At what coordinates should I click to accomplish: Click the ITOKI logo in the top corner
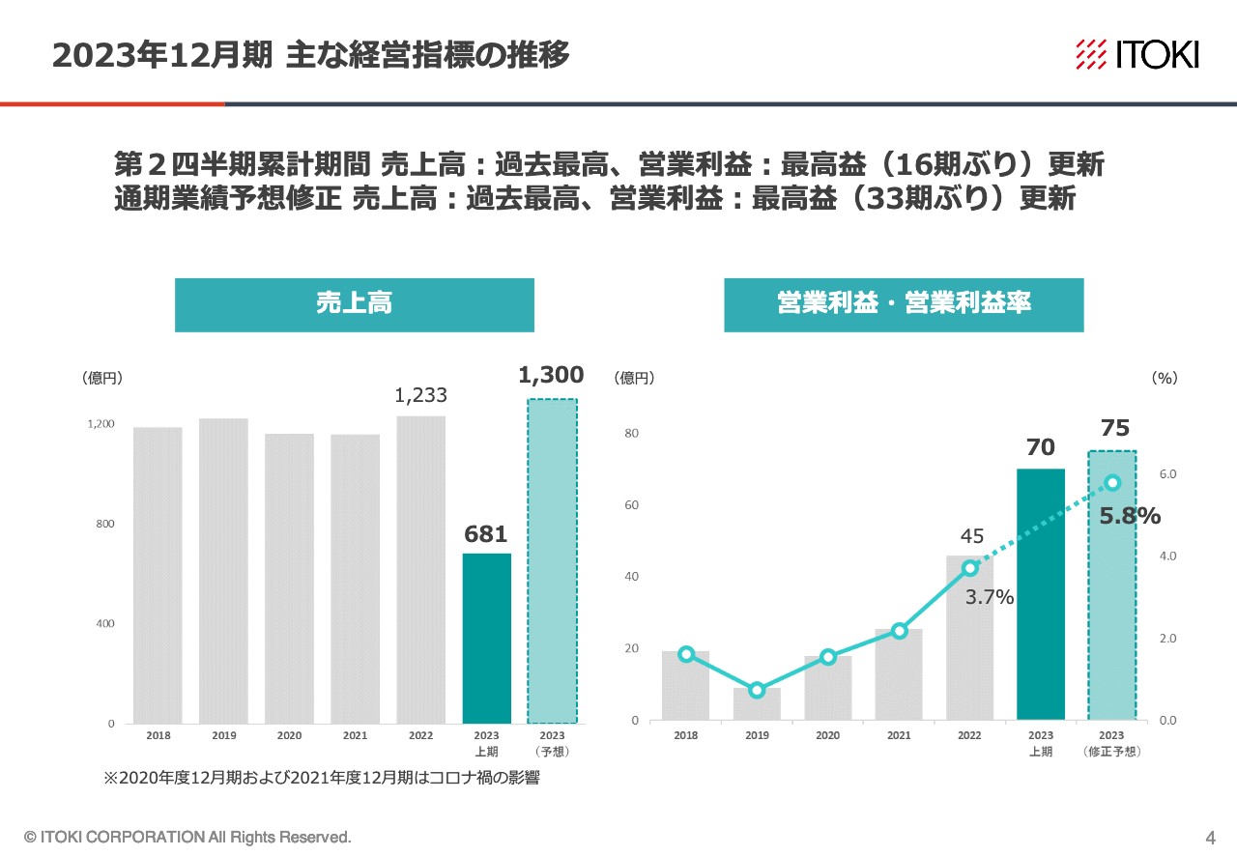pos(1136,54)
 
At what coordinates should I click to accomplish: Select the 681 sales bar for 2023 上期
pos(487,638)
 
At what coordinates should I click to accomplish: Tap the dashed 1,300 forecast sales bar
pos(552,560)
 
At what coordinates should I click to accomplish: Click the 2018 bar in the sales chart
pos(158,575)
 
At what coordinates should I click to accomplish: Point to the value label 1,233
pos(420,395)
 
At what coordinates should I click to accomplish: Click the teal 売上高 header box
pos(354,304)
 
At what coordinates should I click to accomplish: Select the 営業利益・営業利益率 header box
pos(904,304)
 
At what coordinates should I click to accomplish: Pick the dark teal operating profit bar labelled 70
pos(1041,594)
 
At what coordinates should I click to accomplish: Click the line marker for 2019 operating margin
pos(757,690)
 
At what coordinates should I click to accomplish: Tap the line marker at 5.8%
pos(1112,483)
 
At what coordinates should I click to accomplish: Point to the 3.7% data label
pos(990,598)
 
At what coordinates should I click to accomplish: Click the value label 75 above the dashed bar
pos(1114,429)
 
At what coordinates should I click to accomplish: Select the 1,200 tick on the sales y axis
pos(101,424)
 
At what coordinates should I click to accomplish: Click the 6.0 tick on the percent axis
pos(1167,474)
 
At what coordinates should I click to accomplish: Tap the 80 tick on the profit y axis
pos(631,433)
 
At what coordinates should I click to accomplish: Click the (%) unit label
pos(1165,379)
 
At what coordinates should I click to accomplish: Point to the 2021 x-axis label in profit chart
pos(899,736)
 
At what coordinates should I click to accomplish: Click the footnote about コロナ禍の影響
pos(321,779)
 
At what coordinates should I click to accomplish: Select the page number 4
pos(1210,837)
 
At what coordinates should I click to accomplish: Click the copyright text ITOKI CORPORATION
pos(187,837)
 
